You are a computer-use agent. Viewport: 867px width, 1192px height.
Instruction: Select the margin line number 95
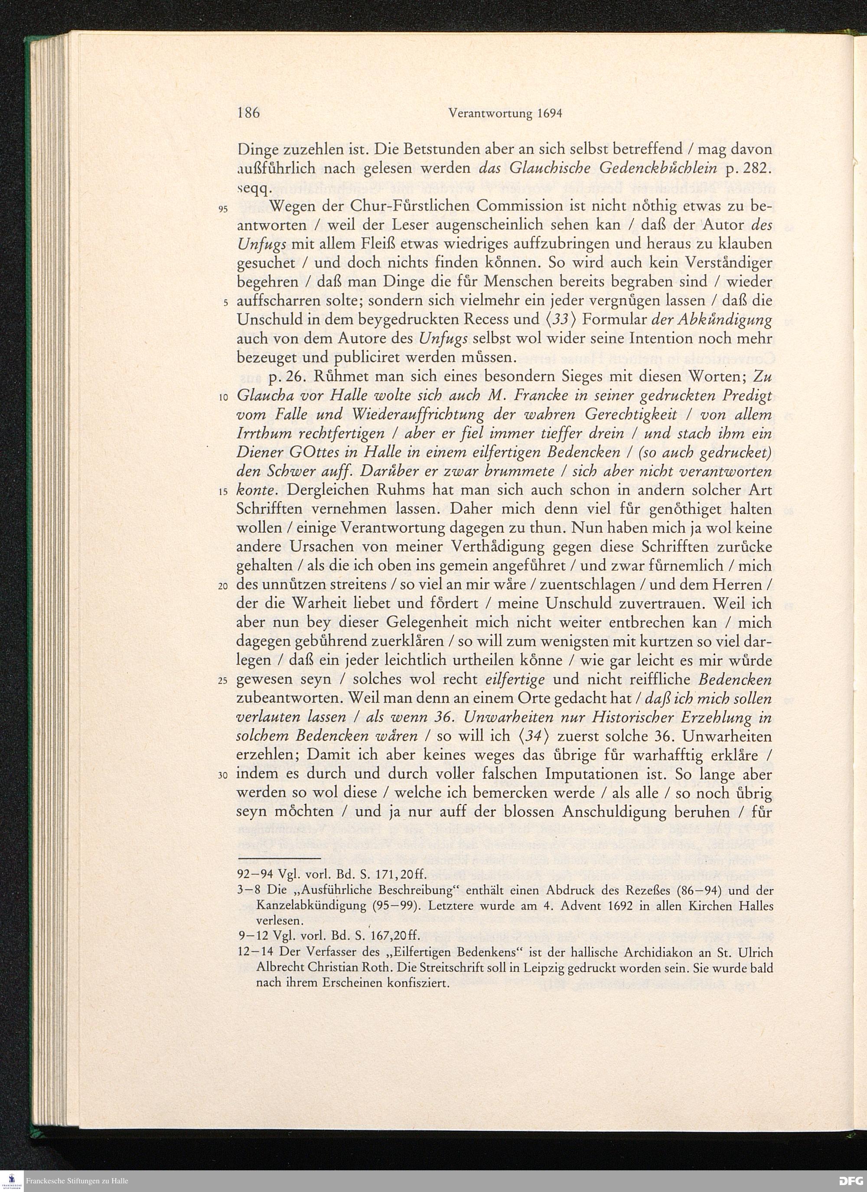point(223,209)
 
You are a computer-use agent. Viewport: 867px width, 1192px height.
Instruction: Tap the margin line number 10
point(223,397)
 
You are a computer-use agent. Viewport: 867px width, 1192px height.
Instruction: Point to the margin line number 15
point(223,492)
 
